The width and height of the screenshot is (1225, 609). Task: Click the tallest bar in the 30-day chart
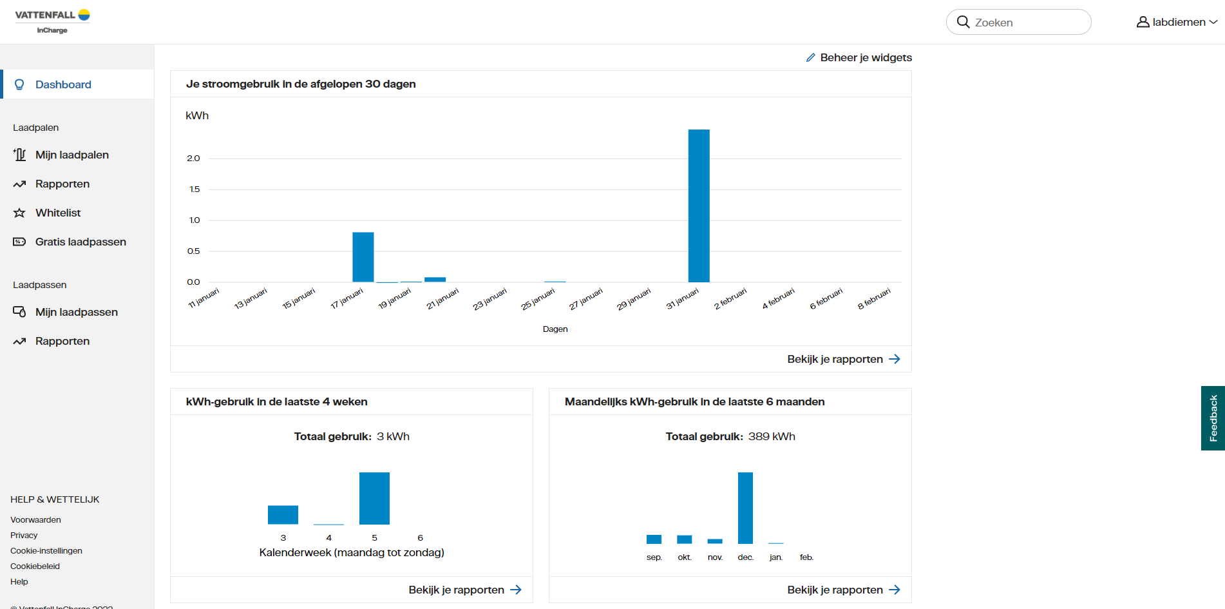click(x=699, y=206)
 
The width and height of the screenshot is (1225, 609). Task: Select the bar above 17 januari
click(x=363, y=257)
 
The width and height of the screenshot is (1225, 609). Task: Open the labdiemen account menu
click(x=1177, y=23)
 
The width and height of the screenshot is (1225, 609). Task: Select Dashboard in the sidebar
click(x=63, y=84)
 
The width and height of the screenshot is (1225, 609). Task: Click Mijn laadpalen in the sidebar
click(x=71, y=155)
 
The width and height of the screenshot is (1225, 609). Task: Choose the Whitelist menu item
click(x=58, y=213)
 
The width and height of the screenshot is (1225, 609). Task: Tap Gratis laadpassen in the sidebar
click(x=81, y=242)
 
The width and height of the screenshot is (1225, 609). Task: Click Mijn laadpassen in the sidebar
click(x=76, y=312)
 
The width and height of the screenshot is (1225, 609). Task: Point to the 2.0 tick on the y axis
click(x=193, y=159)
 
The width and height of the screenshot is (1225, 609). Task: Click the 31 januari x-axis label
click(x=683, y=299)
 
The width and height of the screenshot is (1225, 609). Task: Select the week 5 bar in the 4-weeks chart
click(x=374, y=498)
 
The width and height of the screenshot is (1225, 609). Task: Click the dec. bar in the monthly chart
click(x=745, y=508)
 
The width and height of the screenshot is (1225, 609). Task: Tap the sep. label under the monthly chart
click(x=654, y=557)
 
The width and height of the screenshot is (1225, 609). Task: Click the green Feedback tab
click(x=1213, y=418)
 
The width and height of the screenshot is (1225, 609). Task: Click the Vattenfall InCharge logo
click(x=52, y=21)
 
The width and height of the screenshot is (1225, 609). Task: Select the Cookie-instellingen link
click(x=46, y=551)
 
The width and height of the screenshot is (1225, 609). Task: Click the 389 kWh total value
click(x=772, y=437)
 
